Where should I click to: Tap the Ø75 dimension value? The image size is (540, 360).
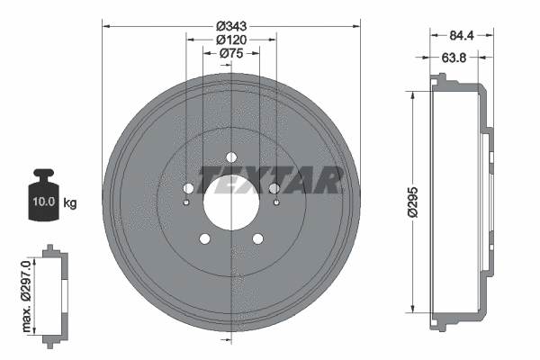tap(232, 54)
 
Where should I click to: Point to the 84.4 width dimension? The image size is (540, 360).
tap(461, 36)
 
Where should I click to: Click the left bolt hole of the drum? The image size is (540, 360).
tap(188, 188)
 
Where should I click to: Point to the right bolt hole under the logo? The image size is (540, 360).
tap(274, 188)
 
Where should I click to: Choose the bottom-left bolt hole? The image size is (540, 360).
tap(204, 238)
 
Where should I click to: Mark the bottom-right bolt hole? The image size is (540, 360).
tap(258, 238)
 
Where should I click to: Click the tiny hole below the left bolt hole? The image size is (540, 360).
tap(186, 202)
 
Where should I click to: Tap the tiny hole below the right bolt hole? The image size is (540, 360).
tap(276, 202)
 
